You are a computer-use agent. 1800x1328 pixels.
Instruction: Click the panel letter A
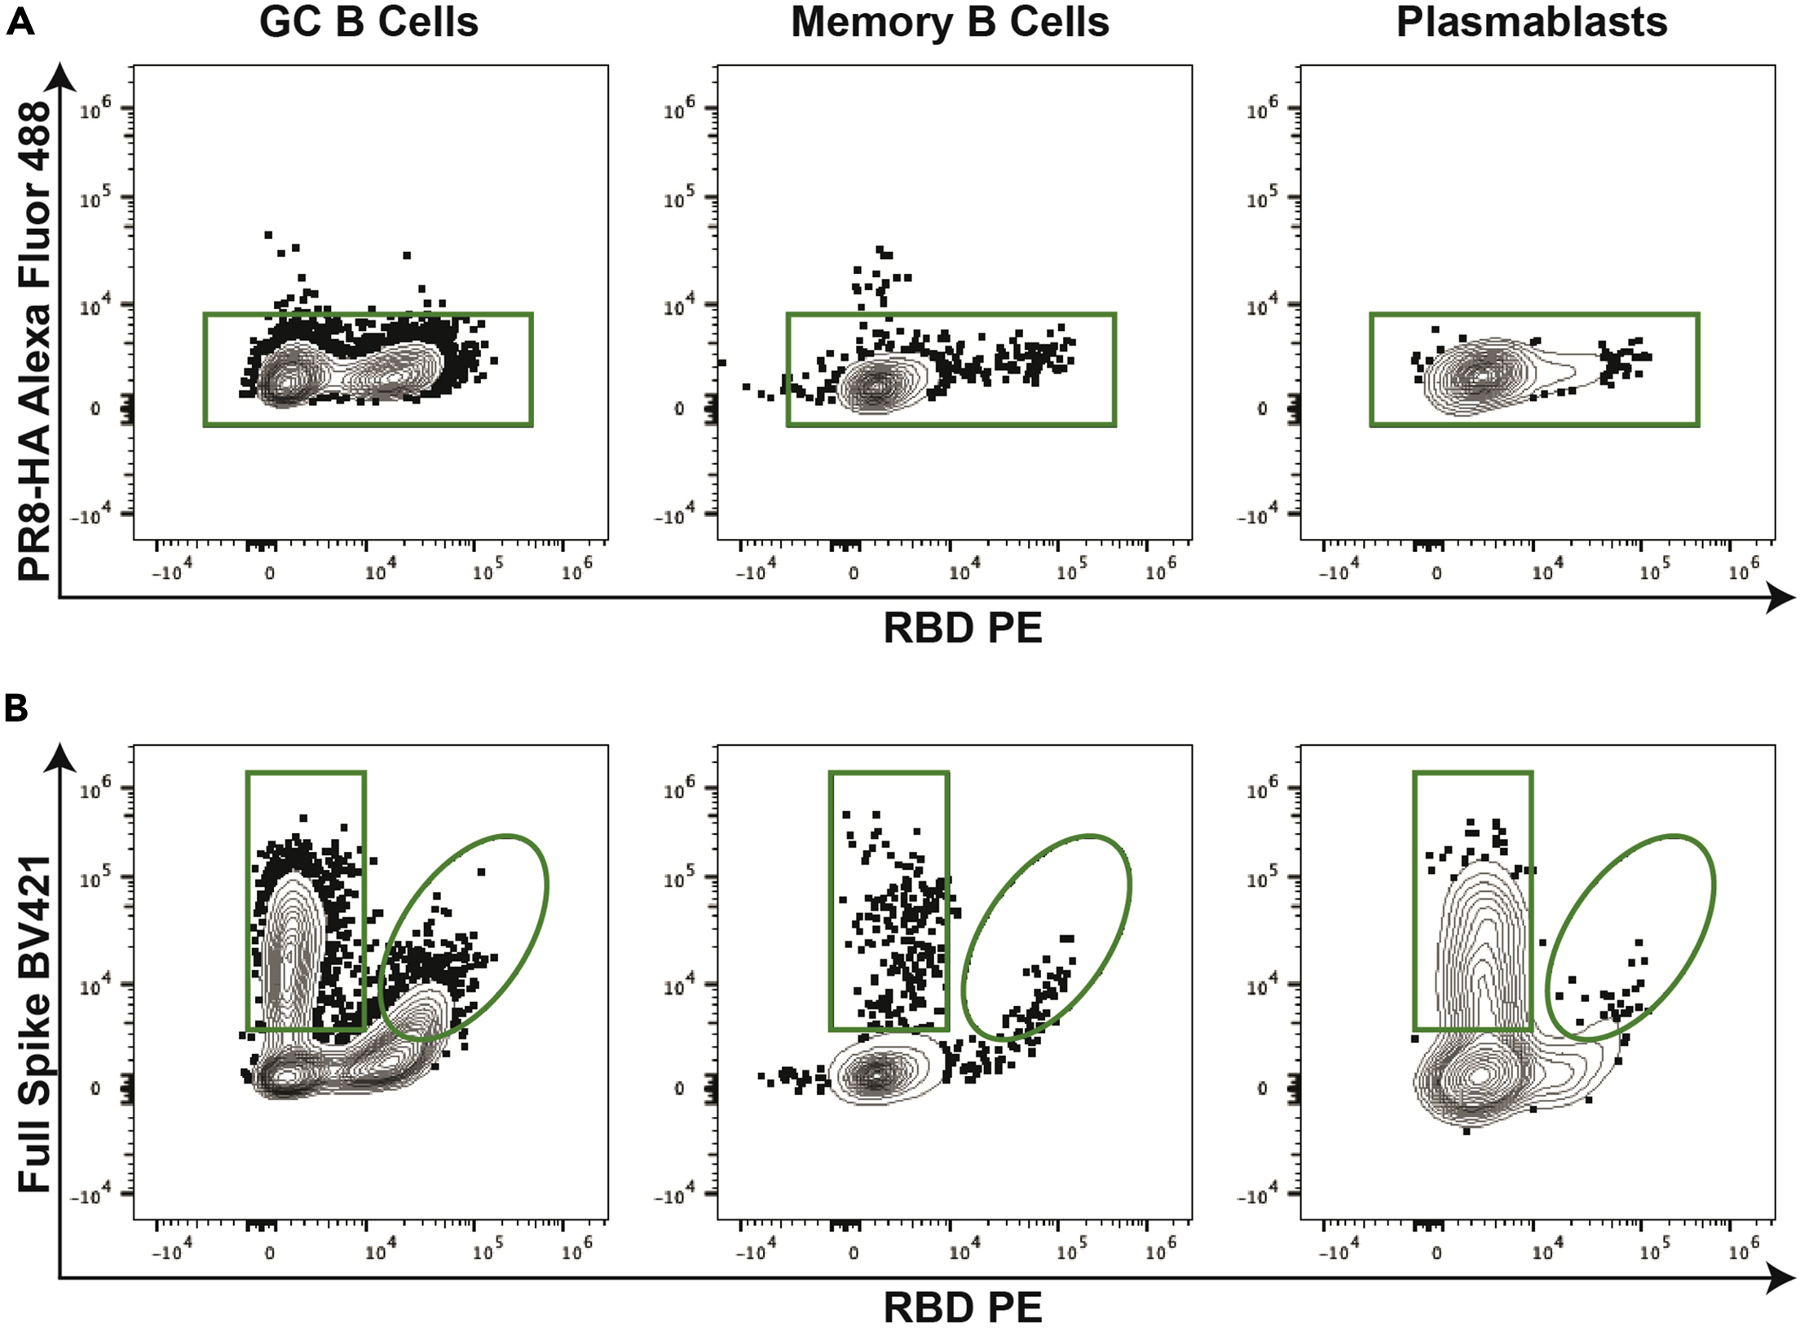[x=20, y=22]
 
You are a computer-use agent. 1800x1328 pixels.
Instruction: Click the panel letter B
[x=16, y=708]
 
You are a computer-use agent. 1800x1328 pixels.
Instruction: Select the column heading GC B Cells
[x=368, y=23]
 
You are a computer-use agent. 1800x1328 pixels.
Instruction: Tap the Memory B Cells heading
[x=950, y=23]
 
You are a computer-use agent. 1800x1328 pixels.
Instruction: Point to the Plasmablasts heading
[x=1531, y=23]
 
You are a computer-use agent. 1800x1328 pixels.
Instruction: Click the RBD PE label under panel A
[x=962, y=629]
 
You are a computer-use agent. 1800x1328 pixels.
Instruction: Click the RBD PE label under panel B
[x=962, y=1307]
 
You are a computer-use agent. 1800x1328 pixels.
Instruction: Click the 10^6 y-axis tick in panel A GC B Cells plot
[x=95, y=110]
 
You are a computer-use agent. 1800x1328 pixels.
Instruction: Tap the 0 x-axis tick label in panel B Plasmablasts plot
[x=1436, y=1253]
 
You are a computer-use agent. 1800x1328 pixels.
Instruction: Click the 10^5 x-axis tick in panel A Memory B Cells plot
[x=1070, y=571]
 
